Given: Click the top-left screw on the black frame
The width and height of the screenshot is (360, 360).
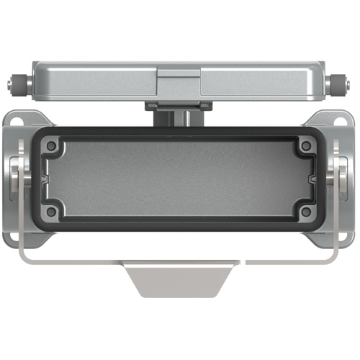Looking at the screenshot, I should pos(52,146).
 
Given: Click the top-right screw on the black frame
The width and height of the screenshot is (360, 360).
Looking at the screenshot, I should pos(306,146).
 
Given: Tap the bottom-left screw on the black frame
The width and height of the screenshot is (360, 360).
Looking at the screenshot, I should pos(52,212).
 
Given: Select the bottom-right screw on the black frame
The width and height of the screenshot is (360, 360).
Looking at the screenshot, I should pos(306,212).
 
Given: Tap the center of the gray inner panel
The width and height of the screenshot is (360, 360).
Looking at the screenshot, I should pos(179,179).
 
